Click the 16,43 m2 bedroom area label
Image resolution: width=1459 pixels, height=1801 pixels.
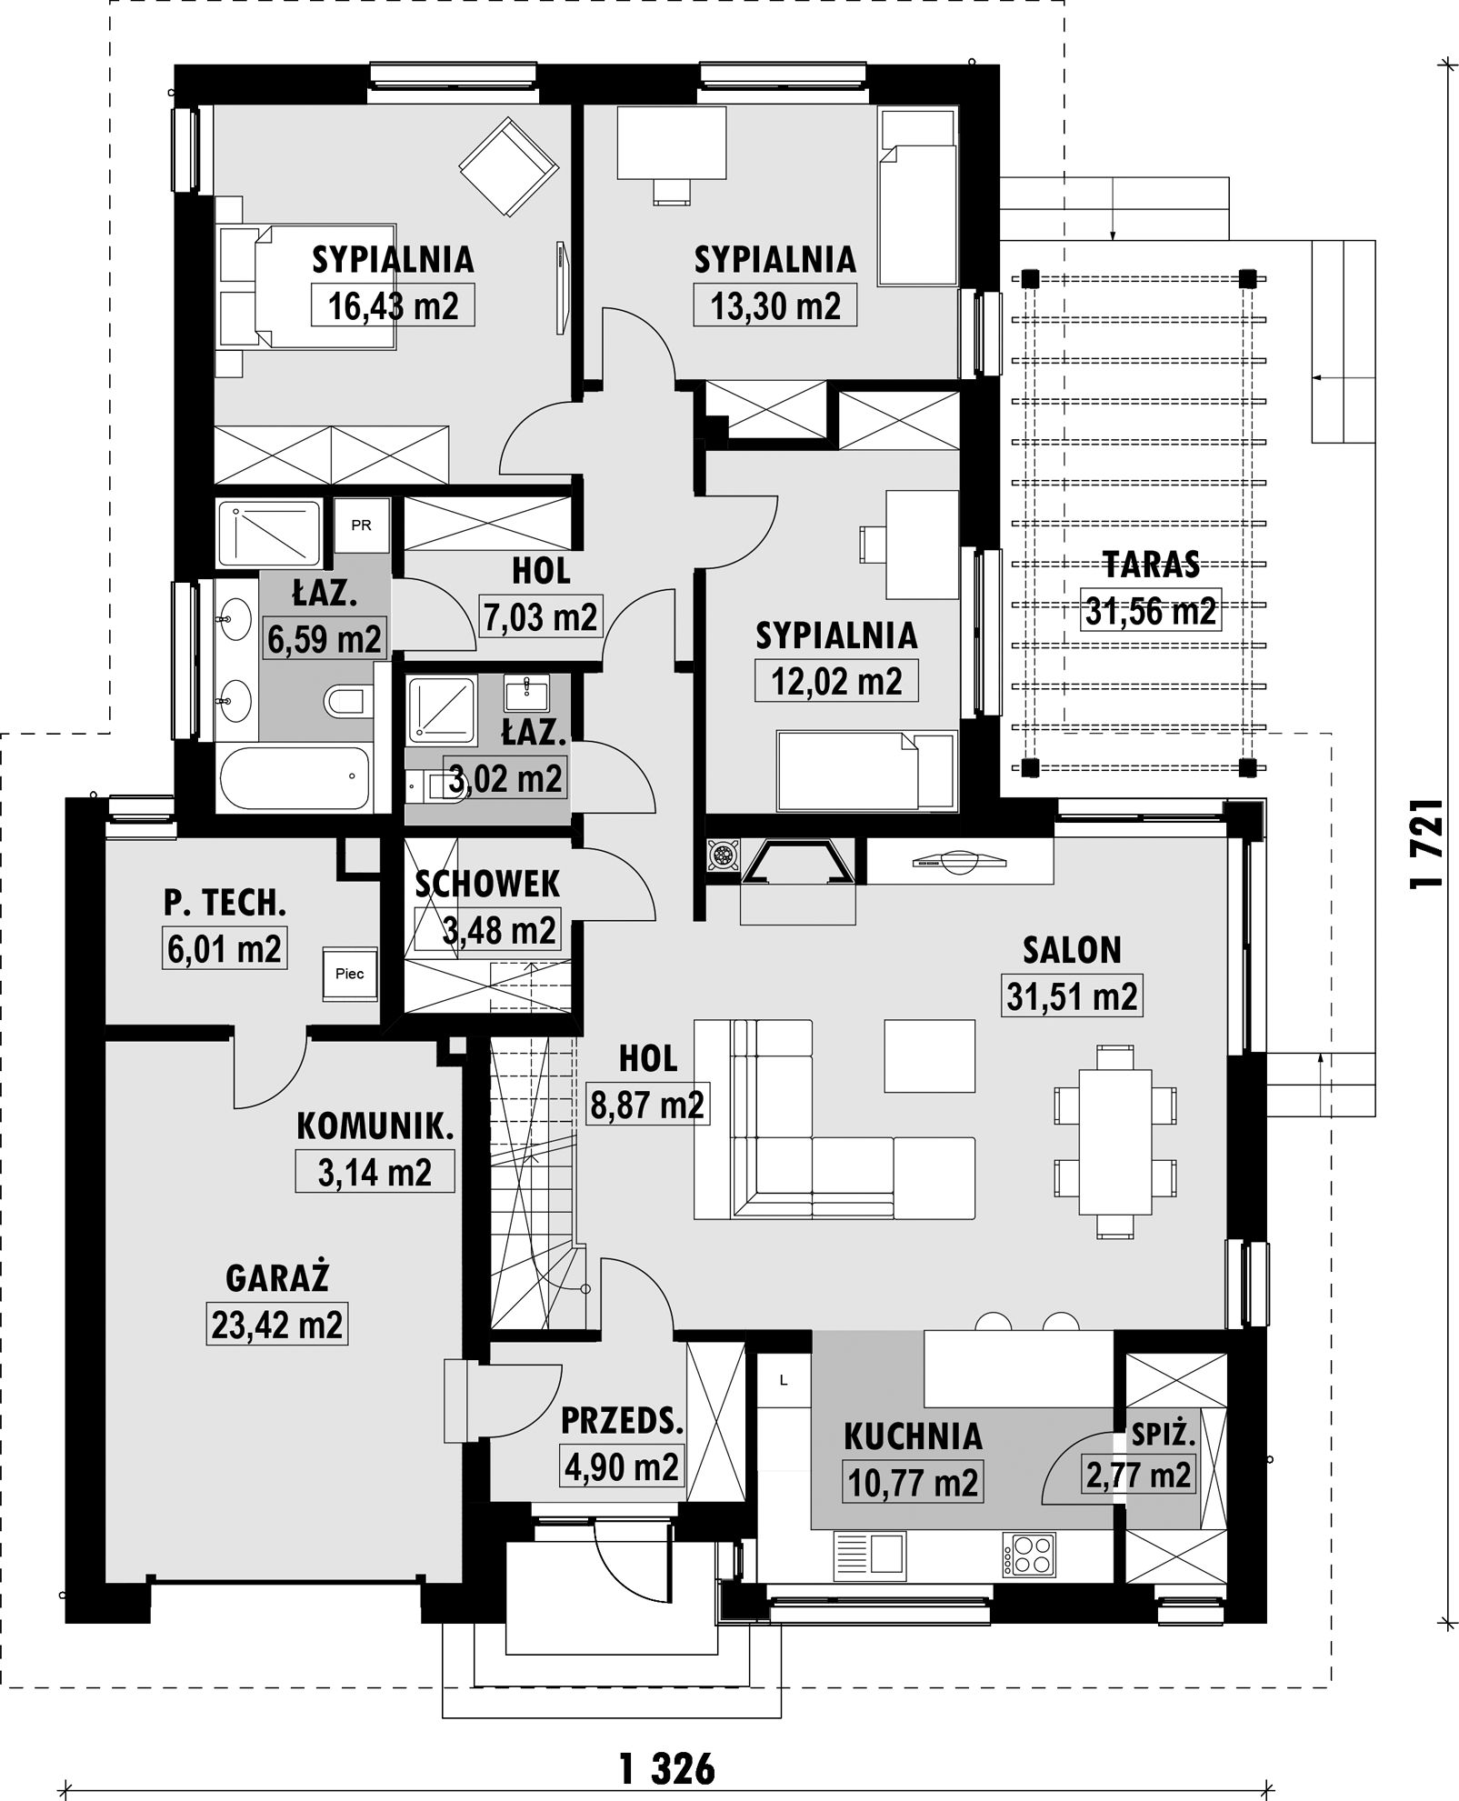point(393,305)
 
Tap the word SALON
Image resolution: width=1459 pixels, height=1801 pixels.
point(1072,950)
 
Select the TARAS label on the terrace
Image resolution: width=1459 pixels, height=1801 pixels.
point(1151,565)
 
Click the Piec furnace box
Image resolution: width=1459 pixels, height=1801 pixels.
point(350,974)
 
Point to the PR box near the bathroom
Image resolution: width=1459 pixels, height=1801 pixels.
point(362,525)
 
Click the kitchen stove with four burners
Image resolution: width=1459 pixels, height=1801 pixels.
point(1028,1554)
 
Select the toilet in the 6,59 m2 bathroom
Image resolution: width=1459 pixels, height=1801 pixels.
point(347,701)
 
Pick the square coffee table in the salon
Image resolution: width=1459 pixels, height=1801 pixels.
point(929,1055)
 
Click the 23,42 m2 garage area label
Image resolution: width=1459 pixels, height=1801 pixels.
point(276,1325)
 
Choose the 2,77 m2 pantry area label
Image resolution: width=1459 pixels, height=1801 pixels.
point(1138,1475)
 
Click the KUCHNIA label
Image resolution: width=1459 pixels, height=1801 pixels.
point(914,1436)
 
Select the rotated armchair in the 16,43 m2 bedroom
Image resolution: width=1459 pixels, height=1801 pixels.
point(508,169)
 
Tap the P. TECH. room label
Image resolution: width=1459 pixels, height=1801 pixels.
point(225,903)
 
